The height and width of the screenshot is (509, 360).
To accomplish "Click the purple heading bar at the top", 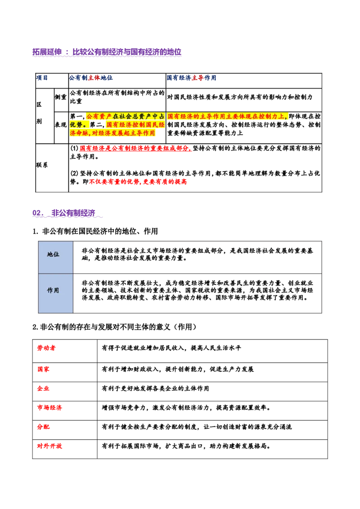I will (107, 52).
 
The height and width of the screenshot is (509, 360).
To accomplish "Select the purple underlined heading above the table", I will (67, 214).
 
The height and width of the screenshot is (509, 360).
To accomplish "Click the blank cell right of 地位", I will (198, 256).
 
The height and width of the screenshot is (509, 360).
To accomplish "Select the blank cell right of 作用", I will (198, 292).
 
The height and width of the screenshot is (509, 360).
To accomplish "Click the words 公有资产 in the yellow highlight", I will (99, 116).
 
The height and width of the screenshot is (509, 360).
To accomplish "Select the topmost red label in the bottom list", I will (46, 348).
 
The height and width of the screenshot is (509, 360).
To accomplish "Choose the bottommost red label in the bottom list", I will (49, 446).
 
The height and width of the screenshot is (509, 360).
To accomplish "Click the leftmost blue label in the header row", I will (42, 78).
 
